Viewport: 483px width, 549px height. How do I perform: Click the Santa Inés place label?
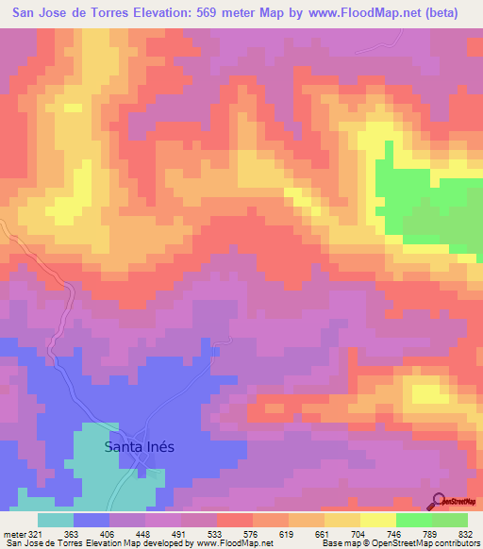[139, 447]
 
